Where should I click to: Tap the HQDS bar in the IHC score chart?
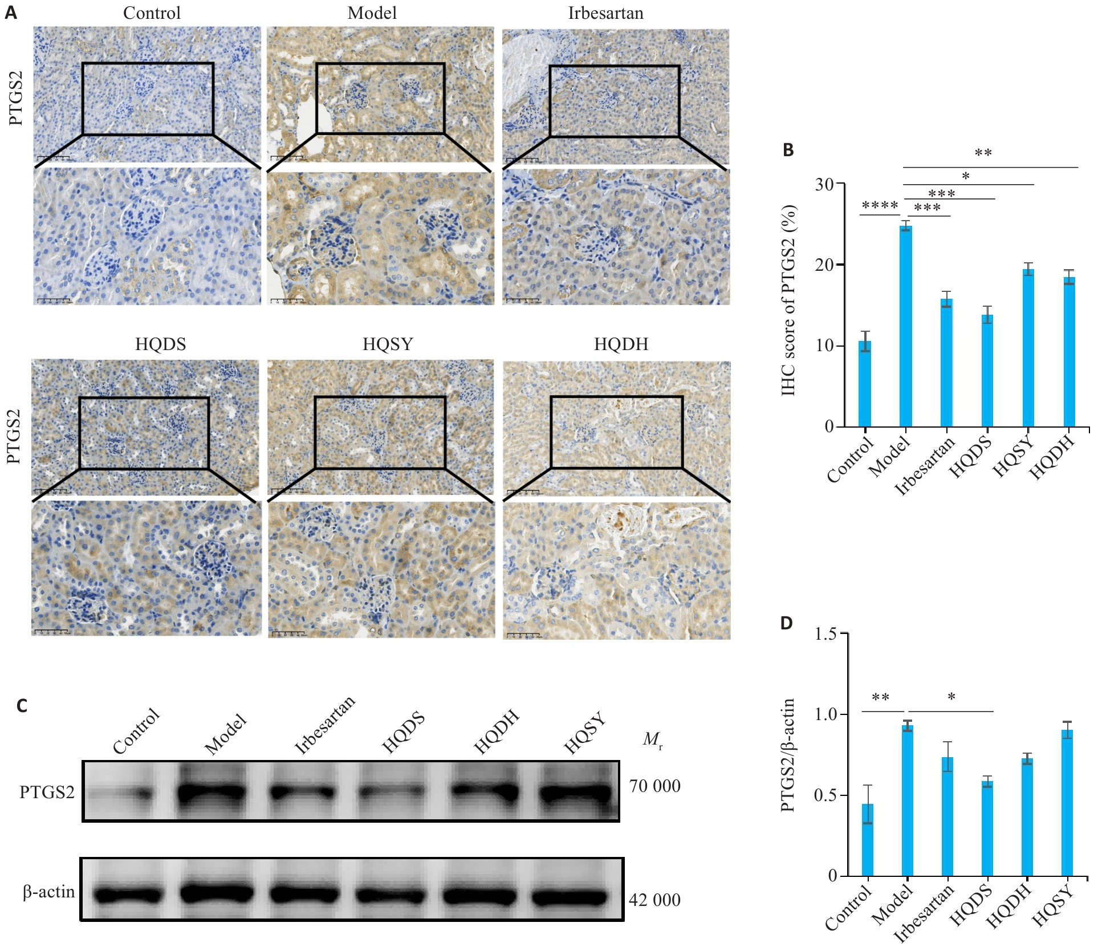click(987, 371)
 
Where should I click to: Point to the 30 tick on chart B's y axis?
click(824, 184)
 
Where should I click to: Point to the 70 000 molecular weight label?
click(654, 786)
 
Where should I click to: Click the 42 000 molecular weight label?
click(654, 900)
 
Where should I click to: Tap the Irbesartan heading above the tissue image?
click(605, 13)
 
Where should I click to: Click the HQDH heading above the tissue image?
click(621, 344)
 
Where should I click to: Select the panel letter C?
click(22, 706)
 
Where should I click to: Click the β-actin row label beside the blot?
click(49, 892)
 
